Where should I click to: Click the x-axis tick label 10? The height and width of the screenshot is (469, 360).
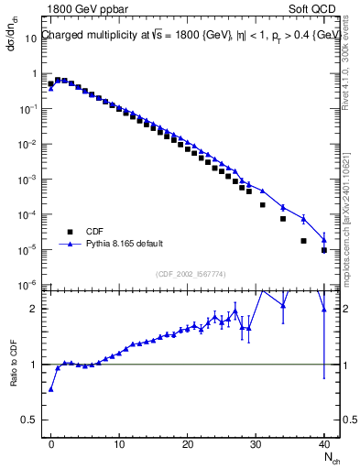click(119, 442)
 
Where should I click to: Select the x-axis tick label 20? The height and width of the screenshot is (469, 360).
click(188, 442)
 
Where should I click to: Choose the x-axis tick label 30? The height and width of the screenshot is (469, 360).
click(256, 442)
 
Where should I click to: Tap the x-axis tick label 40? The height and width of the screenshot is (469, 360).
click(324, 442)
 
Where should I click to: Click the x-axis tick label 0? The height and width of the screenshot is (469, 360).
click(51, 442)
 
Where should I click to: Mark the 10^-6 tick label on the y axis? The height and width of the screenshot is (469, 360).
click(29, 285)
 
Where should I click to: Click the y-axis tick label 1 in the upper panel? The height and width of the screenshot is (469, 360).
click(37, 73)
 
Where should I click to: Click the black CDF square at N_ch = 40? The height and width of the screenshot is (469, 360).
click(324, 250)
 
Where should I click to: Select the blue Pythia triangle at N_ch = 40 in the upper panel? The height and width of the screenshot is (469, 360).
click(324, 239)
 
